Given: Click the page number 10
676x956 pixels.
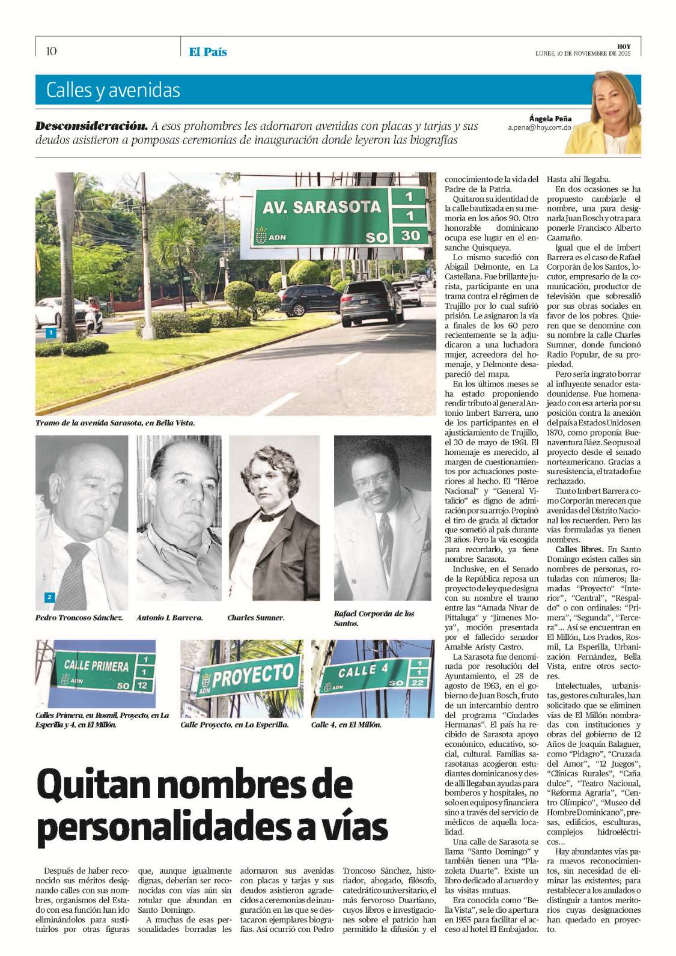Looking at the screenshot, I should [51, 51].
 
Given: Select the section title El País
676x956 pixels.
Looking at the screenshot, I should [208, 52].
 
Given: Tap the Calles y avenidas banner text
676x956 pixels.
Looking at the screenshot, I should [113, 90].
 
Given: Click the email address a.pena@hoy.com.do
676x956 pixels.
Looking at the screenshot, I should [540, 128].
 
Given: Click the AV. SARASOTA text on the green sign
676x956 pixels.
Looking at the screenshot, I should [321, 207].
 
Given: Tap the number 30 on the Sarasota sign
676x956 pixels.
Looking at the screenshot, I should [411, 235].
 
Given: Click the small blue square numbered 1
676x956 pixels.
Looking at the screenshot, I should [51, 332].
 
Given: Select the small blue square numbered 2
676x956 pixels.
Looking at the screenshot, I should [49, 597].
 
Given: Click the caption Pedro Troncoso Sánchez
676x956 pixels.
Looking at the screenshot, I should [79, 618].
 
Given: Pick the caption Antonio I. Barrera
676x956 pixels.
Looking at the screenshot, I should [169, 618].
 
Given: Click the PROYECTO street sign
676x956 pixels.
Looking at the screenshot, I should [252, 677].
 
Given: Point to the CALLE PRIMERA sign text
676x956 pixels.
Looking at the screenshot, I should [96, 665].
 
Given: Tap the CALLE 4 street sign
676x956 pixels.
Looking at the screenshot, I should [364, 670].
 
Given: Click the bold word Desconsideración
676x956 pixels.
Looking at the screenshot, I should [91, 126].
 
